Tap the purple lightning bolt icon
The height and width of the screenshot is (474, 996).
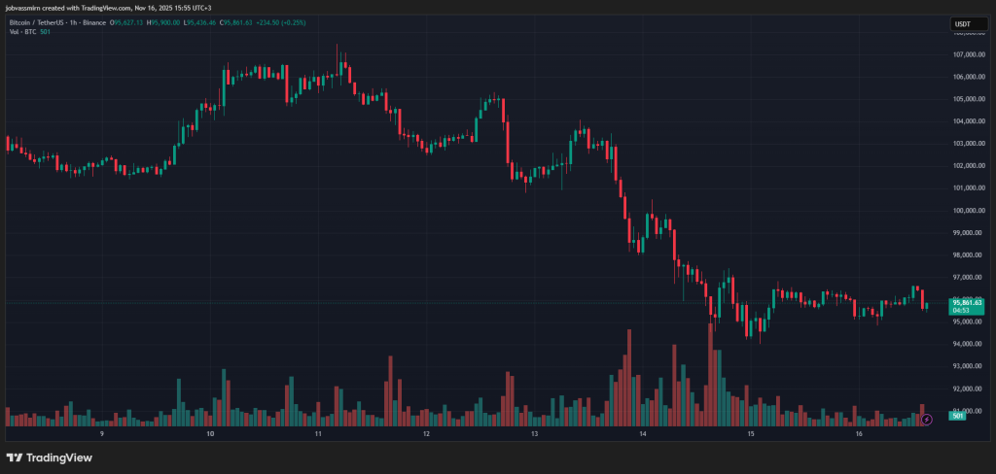pos(927,419)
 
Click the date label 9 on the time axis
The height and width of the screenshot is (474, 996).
pos(102,434)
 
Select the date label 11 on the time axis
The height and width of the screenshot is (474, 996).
pos(319,434)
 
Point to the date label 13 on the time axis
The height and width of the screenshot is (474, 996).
pos(535,434)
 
